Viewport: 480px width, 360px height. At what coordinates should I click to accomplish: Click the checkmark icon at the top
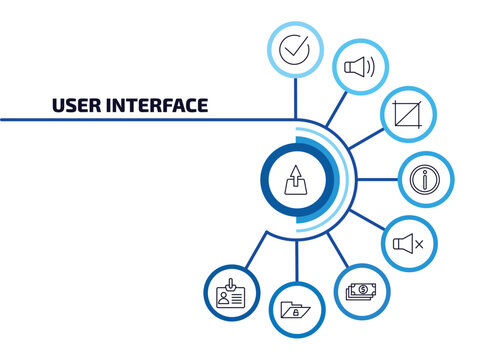point(294,48)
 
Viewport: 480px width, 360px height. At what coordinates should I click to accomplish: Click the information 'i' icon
point(425,181)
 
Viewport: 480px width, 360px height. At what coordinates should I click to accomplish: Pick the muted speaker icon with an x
point(408,243)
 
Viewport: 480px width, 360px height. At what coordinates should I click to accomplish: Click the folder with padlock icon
point(297,308)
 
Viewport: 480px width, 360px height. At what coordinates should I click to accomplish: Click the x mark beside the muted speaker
point(419,244)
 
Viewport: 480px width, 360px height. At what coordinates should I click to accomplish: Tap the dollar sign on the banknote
point(363,290)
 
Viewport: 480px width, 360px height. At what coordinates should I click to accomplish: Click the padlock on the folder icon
point(299,311)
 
